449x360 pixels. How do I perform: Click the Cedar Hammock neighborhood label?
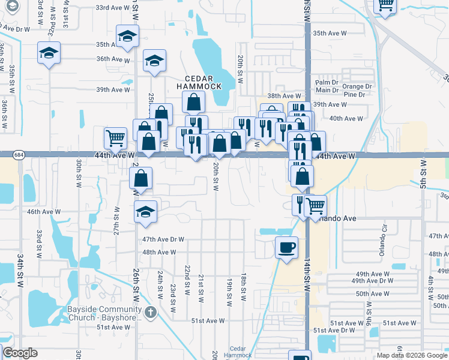pyautogui.click(x=203, y=82)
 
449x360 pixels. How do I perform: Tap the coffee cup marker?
pyautogui.click(x=287, y=247)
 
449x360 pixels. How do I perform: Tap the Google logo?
pyautogui.click(x=20, y=353)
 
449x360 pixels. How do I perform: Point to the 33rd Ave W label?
pyautogui.click(x=113, y=8)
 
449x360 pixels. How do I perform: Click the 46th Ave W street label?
pyautogui.click(x=43, y=211)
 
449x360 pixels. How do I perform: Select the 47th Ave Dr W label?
pyautogui.click(x=163, y=239)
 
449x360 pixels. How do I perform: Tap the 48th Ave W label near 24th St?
pyautogui.click(x=159, y=252)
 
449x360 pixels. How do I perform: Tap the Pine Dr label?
pyautogui.click(x=355, y=95)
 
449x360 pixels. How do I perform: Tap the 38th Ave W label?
pyautogui.click(x=284, y=96)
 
